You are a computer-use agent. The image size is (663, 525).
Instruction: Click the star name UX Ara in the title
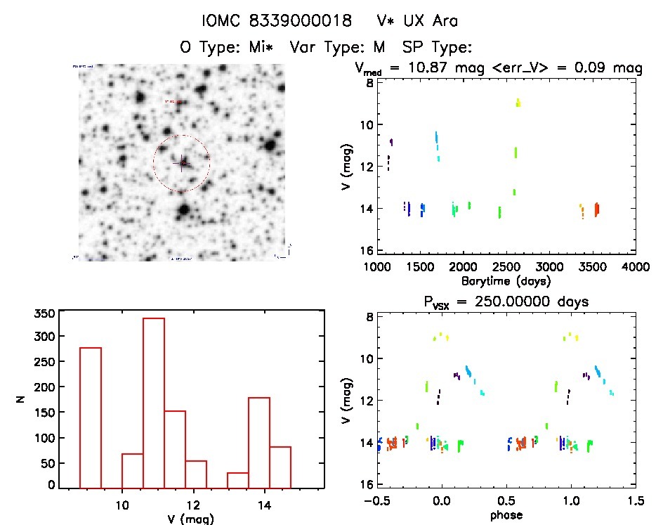point(429,22)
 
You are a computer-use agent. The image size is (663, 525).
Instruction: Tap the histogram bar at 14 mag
point(259,442)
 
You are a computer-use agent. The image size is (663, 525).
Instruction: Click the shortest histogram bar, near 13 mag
point(237,480)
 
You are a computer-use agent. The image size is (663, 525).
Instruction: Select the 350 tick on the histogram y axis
point(44,313)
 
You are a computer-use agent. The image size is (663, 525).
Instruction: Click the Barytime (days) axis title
point(506,280)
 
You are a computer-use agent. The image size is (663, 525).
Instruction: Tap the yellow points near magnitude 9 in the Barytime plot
point(518,103)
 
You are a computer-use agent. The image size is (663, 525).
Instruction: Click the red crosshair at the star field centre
point(181,163)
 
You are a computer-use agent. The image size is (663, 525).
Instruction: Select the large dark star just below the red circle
point(184,209)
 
